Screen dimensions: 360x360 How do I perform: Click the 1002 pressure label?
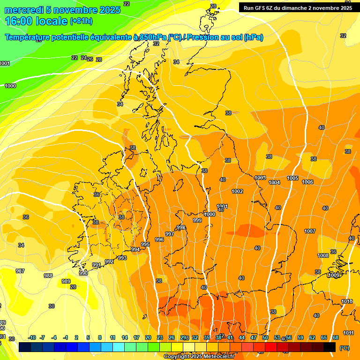point(237,191)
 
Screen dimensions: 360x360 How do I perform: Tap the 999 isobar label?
point(197,220)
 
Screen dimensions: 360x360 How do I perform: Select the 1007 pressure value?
point(310,231)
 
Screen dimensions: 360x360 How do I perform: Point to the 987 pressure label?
point(21,271)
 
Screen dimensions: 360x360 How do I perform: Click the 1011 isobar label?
point(349,333)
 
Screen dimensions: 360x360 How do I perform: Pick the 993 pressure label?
point(122,258)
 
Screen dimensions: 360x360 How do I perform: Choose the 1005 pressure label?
point(293,178)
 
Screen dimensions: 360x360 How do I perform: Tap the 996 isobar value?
point(159,240)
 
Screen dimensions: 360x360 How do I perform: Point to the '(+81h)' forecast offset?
point(81,21)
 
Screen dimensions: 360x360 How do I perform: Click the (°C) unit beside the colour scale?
point(344,348)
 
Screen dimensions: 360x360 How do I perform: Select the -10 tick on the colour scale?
point(32,337)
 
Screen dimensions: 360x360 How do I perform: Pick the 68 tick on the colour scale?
point(336,337)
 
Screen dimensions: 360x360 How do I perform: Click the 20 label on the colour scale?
point(148,337)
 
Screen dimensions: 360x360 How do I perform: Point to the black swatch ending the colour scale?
point(330,347)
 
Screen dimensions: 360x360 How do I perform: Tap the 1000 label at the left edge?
point(10,86)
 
